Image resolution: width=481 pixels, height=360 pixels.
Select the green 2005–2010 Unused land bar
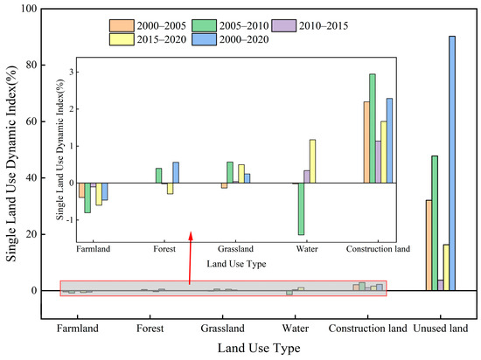pyautogui.click(x=435, y=223)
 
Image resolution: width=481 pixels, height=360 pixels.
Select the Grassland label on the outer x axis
pyautogui.click(x=223, y=329)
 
